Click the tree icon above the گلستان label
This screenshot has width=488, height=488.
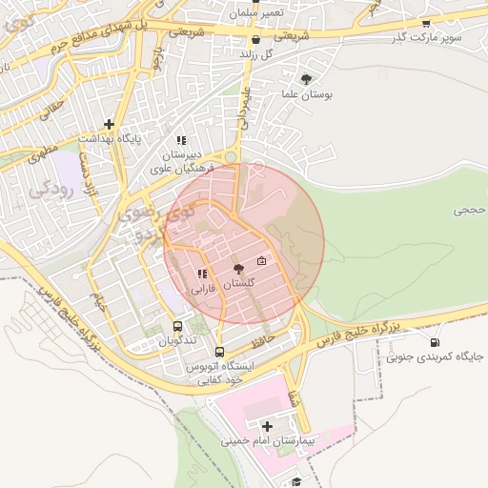[237, 270]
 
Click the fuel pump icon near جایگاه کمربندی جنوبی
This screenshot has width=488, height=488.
[435, 343]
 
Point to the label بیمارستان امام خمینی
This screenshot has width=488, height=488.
[267, 440]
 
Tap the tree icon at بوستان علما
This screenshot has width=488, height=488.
[305, 80]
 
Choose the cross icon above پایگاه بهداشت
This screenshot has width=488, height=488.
[111, 124]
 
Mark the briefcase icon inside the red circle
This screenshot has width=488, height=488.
[262, 262]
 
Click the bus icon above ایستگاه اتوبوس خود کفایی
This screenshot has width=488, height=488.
[220, 351]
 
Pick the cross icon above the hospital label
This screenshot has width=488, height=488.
[266, 425]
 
